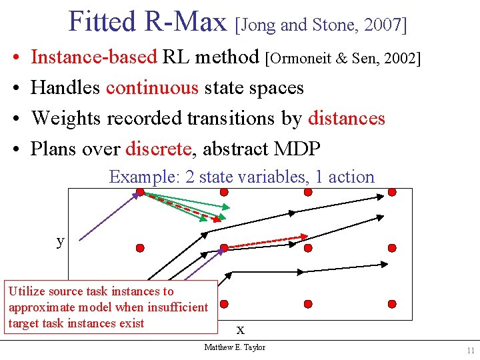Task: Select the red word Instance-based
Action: [x=94, y=57]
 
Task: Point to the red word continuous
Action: [x=152, y=87]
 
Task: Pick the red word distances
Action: [x=347, y=118]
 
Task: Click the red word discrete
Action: [x=157, y=149]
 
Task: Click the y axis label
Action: [x=61, y=241]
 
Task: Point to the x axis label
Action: [x=241, y=329]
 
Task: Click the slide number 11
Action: [x=471, y=351]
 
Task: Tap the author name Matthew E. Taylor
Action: [x=235, y=347]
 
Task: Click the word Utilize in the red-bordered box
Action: [x=26, y=291]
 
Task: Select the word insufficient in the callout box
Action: [x=178, y=307]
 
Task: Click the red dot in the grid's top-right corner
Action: [x=392, y=192]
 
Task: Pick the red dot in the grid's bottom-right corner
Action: [x=392, y=303]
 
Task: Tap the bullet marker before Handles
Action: [x=14, y=88]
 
